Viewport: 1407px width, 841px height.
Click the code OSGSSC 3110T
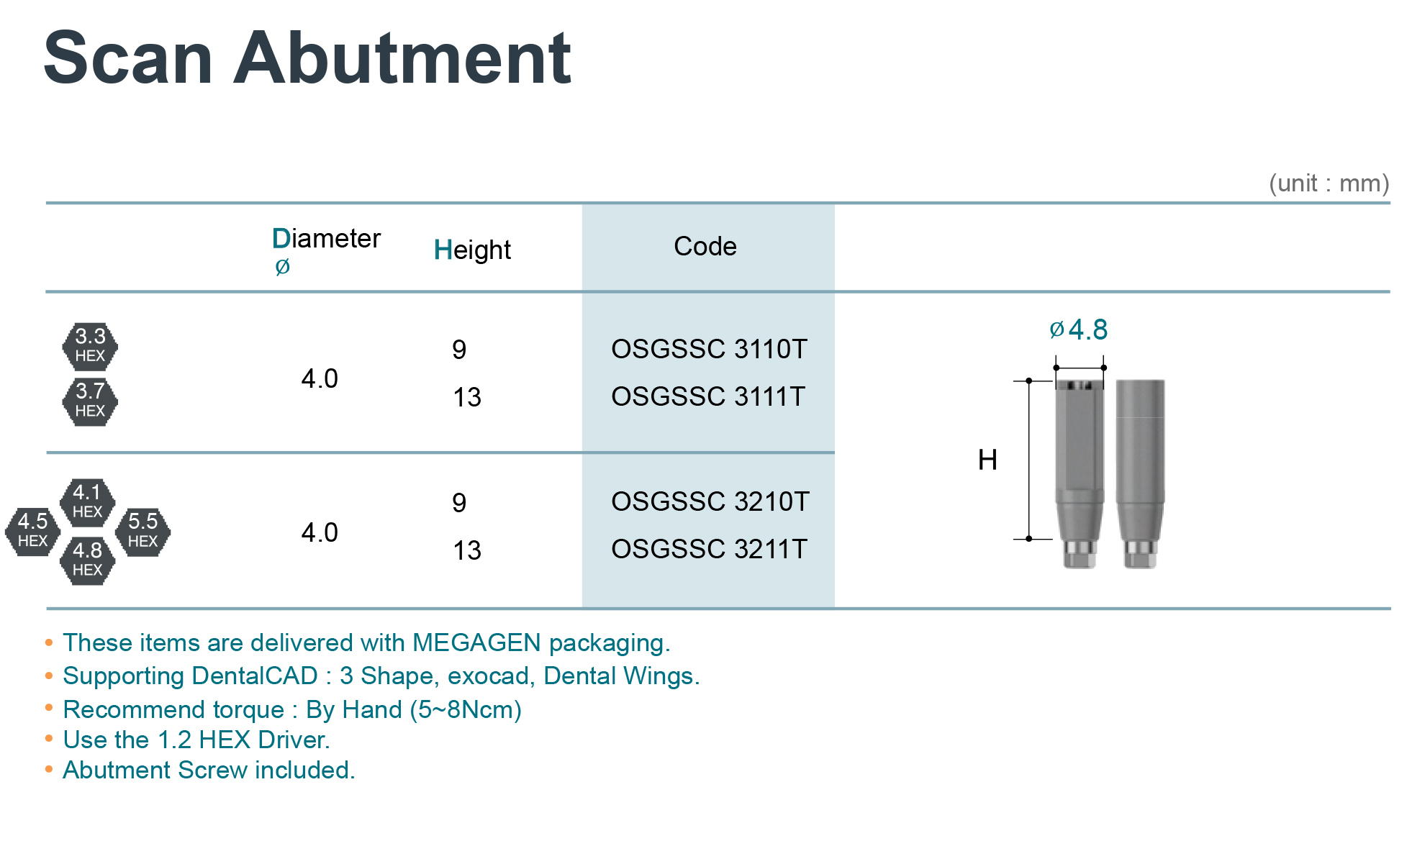[x=709, y=349]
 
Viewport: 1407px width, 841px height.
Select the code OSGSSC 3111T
[x=708, y=396]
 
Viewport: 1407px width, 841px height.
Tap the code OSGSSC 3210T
[x=710, y=501]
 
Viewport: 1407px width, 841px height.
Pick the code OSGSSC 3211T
[x=709, y=549]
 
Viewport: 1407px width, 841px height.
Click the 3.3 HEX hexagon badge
[x=90, y=345]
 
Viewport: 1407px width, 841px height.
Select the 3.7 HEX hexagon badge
[x=90, y=401]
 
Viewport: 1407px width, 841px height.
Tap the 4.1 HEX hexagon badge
[x=87, y=502]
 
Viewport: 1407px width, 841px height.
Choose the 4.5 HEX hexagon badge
[x=32, y=531]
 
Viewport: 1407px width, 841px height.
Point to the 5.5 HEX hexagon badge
[x=142, y=531]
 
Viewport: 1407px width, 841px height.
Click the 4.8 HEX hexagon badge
[x=87, y=560]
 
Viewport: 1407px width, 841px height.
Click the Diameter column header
[x=326, y=249]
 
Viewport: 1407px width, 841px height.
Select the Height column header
[x=472, y=250]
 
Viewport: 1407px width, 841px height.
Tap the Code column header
[x=705, y=246]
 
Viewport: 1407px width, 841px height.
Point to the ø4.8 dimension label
[x=1078, y=329]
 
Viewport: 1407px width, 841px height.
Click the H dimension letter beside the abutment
[x=987, y=460]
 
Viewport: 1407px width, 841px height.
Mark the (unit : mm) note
[x=1329, y=183]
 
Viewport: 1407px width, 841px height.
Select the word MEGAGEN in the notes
[x=476, y=642]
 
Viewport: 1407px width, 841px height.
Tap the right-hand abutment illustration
[x=1140, y=474]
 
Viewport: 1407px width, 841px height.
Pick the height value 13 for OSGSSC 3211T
[x=467, y=550]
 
